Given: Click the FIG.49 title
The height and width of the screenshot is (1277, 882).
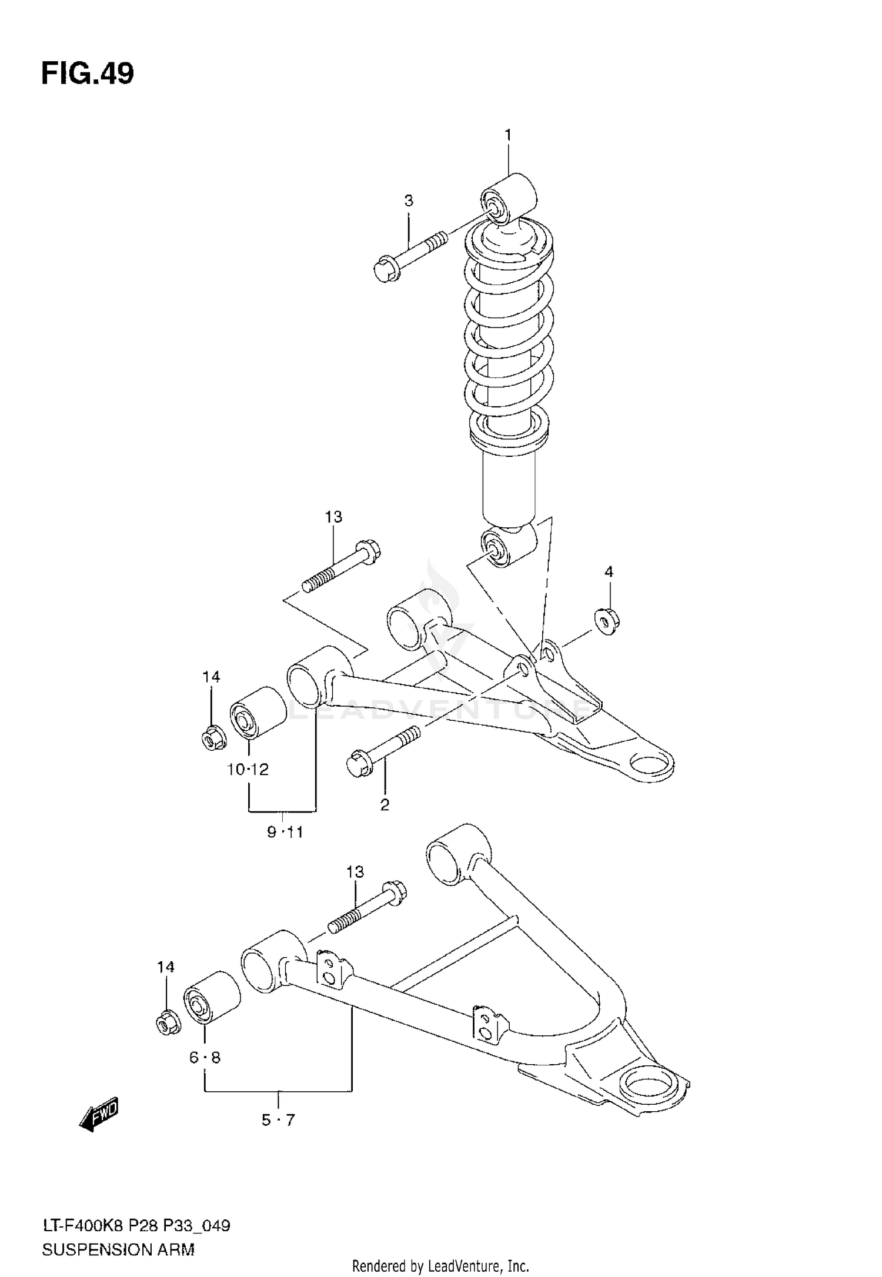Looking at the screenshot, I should [88, 74].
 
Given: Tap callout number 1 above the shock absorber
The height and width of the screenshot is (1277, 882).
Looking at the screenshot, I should [508, 136].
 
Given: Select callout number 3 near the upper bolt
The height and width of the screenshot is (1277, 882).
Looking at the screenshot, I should [409, 201].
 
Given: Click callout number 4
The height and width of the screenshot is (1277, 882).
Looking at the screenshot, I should [609, 571].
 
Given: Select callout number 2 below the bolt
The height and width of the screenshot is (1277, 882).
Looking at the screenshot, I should [385, 805].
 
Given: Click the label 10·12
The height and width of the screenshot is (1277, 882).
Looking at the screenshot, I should [248, 769].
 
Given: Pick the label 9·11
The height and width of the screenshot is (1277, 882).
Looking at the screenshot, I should [285, 832].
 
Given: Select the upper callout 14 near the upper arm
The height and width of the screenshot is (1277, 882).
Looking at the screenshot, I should [211, 677].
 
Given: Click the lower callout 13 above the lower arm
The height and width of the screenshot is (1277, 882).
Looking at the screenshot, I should [355, 872].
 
